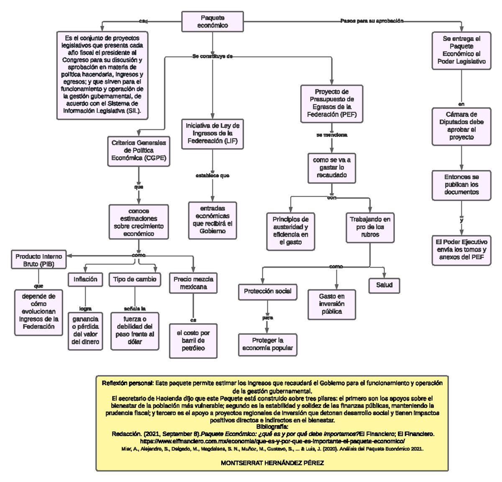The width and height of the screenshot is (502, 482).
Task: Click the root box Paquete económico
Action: click(213, 21)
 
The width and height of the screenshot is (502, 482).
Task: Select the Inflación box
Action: click(85, 279)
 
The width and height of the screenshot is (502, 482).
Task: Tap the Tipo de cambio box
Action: click(135, 279)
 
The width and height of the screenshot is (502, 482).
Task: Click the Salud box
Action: click(384, 285)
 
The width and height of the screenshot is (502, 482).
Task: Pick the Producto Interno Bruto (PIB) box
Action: click(38, 260)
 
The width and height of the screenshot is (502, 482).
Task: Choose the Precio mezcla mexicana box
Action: click(193, 283)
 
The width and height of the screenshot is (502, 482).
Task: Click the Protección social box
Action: click(267, 292)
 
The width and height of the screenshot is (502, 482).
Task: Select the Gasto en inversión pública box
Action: click(331, 304)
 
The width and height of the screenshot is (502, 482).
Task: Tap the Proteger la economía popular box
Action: click(267, 344)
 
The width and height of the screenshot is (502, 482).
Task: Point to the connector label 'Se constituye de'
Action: click(213, 56)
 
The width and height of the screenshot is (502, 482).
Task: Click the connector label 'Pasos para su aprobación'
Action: click(372, 21)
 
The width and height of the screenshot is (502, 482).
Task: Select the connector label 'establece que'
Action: click(213, 175)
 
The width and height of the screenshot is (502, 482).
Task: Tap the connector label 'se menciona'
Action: click(332, 135)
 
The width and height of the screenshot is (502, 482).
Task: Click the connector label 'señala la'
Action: click(135, 309)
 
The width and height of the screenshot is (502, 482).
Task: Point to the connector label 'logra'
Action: click(85, 309)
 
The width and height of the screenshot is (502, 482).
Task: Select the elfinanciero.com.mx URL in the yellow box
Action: click(272, 441)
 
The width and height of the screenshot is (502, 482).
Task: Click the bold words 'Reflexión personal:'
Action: click(128, 383)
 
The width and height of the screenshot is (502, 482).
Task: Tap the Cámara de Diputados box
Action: click(461, 126)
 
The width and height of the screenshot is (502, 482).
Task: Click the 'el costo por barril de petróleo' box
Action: click(193, 341)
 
